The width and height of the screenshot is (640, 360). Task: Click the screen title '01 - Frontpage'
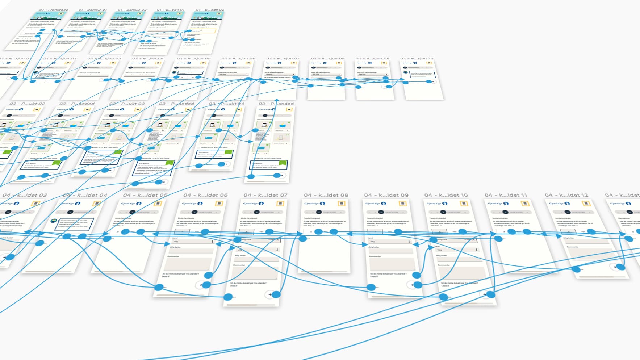53,10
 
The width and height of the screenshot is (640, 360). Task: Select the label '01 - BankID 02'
132,10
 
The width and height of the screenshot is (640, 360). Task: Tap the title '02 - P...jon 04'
148,58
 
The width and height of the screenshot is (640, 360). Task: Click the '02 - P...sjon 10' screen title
417,58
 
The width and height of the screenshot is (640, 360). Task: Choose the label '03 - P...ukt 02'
28,104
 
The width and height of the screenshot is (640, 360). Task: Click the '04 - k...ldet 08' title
326,195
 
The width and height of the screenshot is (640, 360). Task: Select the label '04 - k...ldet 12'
566,195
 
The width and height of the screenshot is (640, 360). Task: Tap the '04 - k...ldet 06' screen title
205,195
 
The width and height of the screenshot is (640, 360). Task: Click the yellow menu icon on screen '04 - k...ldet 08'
341,204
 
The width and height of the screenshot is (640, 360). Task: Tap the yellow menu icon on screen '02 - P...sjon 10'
429,63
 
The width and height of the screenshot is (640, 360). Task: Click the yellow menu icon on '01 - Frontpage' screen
60,14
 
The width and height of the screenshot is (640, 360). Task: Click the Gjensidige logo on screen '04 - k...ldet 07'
253,204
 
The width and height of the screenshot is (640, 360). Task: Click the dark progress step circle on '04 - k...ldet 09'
381,212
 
